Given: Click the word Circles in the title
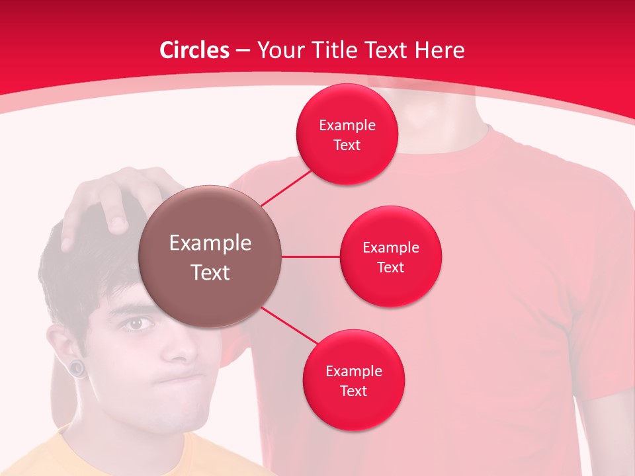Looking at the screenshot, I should (x=194, y=50).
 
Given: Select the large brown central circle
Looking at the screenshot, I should (x=210, y=257).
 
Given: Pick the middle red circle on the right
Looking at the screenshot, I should (x=390, y=257).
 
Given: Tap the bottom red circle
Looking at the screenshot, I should (x=353, y=380).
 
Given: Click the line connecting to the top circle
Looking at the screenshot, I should (x=287, y=187).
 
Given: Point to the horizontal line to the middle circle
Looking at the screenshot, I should (x=310, y=256).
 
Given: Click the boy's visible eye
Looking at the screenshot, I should (x=136, y=324).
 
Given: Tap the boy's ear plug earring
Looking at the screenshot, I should (x=79, y=368).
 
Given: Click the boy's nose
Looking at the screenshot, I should (x=175, y=350).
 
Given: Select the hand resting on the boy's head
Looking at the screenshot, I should (x=112, y=198).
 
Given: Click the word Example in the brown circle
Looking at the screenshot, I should (x=210, y=243).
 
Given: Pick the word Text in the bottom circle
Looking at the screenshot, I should (x=353, y=391).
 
